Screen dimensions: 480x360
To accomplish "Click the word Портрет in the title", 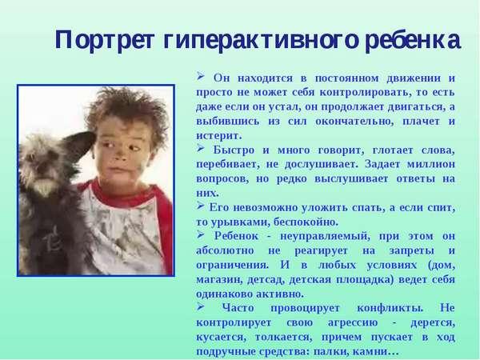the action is point(105,41).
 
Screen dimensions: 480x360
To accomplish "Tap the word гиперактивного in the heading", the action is point(261,41).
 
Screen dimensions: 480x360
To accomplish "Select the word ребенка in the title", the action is point(413,40).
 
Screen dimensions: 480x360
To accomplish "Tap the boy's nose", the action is point(120,157).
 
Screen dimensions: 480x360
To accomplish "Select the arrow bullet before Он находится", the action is point(201,76).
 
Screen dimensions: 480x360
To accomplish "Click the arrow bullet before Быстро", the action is point(201,148).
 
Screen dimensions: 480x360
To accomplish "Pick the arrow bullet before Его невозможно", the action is point(201,206).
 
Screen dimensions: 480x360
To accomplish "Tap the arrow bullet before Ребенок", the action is point(201,234).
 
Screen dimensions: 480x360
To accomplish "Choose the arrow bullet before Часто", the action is point(201,306).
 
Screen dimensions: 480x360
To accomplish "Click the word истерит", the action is point(219,136).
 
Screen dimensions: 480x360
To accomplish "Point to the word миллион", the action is point(431,164).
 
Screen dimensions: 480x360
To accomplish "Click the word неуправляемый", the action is point(325,237).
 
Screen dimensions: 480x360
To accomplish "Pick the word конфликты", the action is point(390,308).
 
